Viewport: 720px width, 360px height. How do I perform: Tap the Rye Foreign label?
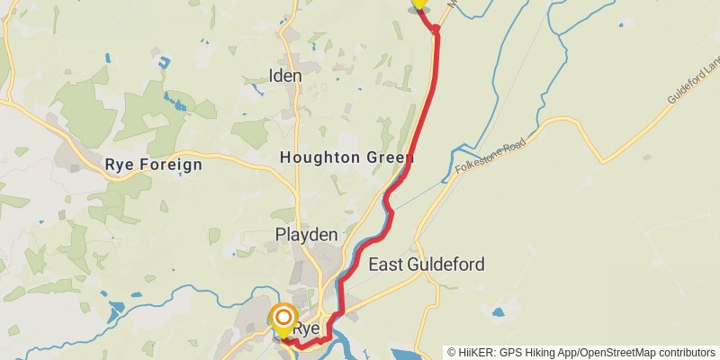click(154, 165)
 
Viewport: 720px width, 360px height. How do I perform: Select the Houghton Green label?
click(346, 157)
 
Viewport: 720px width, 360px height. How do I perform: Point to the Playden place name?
click(306, 235)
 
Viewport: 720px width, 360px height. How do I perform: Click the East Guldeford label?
click(427, 265)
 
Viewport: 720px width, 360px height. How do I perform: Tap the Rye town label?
click(308, 328)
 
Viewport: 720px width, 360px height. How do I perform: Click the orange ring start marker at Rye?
click(284, 318)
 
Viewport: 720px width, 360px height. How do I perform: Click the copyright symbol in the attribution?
click(452, 352)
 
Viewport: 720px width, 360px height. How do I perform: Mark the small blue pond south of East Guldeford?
click(499, 313)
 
